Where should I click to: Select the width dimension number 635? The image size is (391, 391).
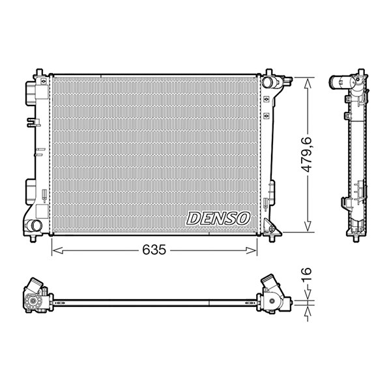pos(155,250)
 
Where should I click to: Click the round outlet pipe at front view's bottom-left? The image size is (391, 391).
pos(33,226)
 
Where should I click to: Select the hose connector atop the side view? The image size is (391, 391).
pos(340,83)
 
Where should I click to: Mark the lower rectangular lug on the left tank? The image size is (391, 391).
pos(31,190)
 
